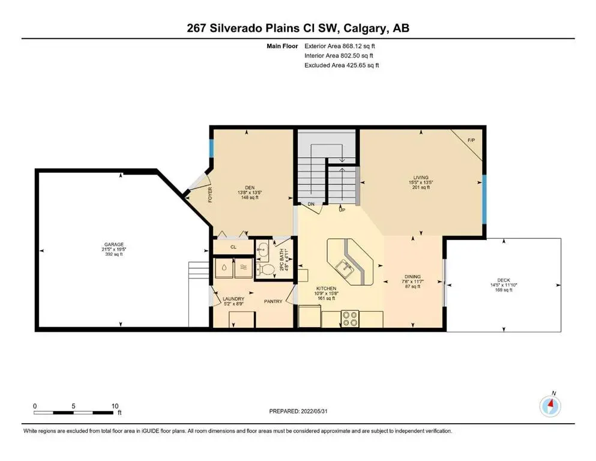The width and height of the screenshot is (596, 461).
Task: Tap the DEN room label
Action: click(250, 186)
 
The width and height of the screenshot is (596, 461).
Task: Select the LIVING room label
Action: click(421, 178)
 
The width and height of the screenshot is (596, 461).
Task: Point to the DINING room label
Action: click(412, 277)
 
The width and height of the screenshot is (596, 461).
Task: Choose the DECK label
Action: click(504, 280)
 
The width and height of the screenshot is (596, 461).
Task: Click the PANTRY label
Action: click(273, 302)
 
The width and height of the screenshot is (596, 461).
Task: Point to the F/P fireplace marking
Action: click(471, 140)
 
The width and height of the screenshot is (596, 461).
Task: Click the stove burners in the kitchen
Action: click(350, 318)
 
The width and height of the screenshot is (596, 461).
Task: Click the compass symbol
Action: click(550, 406)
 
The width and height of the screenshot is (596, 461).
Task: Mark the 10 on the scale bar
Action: click(115, 405)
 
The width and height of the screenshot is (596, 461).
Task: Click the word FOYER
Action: click(210, 195)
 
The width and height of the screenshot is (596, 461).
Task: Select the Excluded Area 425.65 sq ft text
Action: click(342, 65)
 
